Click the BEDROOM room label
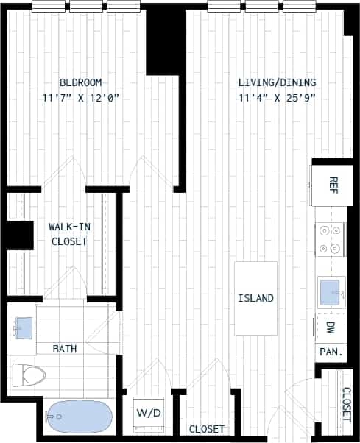(80, 82)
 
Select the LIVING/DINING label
(277, 82)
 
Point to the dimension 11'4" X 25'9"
(277, 98)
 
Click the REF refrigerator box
(333, 183)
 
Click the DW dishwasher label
(331, 327)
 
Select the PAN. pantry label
(331, 352)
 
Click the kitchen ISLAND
(255, 298)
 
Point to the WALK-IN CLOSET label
(68, 234)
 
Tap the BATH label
(66, 348)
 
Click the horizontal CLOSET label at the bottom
(207, 429)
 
